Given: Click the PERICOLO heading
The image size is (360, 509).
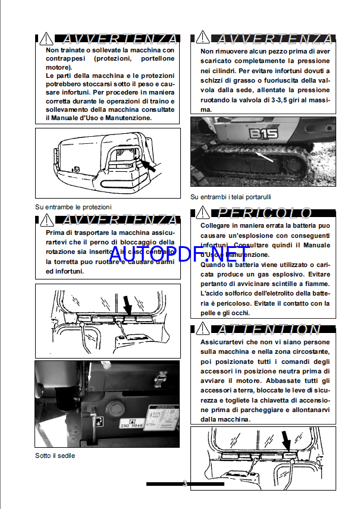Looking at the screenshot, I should click(265, 213).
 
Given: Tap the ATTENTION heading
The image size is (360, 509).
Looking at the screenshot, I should click(270, 329).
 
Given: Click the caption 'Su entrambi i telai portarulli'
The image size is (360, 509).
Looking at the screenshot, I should click(234, 197).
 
